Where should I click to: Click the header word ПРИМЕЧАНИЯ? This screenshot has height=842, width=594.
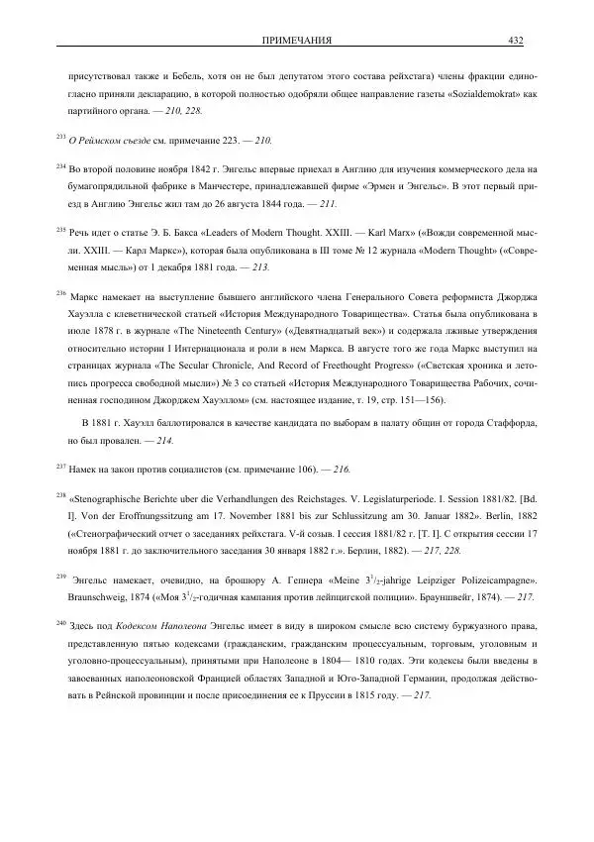296,40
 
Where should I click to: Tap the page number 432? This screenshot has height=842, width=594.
516,40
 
